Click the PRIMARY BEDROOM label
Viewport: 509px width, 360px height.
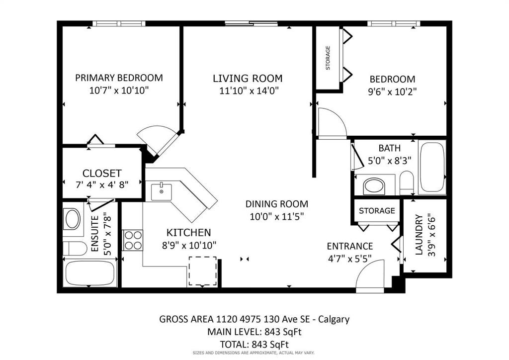[119, 78]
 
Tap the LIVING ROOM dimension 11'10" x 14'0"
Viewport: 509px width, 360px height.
[249, 90]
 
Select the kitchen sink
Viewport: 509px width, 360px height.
[162, 192]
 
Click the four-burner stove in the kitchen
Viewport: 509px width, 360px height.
[133, 240]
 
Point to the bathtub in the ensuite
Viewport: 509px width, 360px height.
[90, 273]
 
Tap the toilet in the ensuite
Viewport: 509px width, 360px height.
[75, 248]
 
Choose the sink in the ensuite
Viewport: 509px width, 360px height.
[73, 219]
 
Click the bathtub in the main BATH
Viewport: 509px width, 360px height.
[432, 167]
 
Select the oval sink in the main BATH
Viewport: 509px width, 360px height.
[374, 186]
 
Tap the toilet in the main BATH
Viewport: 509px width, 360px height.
[407, 183]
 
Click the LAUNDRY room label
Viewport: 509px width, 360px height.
[419, 234]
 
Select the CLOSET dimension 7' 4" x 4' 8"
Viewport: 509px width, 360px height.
[102, 184]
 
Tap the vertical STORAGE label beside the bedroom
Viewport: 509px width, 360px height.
[328, 58]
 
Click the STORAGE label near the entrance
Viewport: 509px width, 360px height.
[377, 211]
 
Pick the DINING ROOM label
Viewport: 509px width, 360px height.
[276, 204]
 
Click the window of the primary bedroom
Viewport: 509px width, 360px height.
[119, 23]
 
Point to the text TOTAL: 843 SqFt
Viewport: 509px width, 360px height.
[254, 345]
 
